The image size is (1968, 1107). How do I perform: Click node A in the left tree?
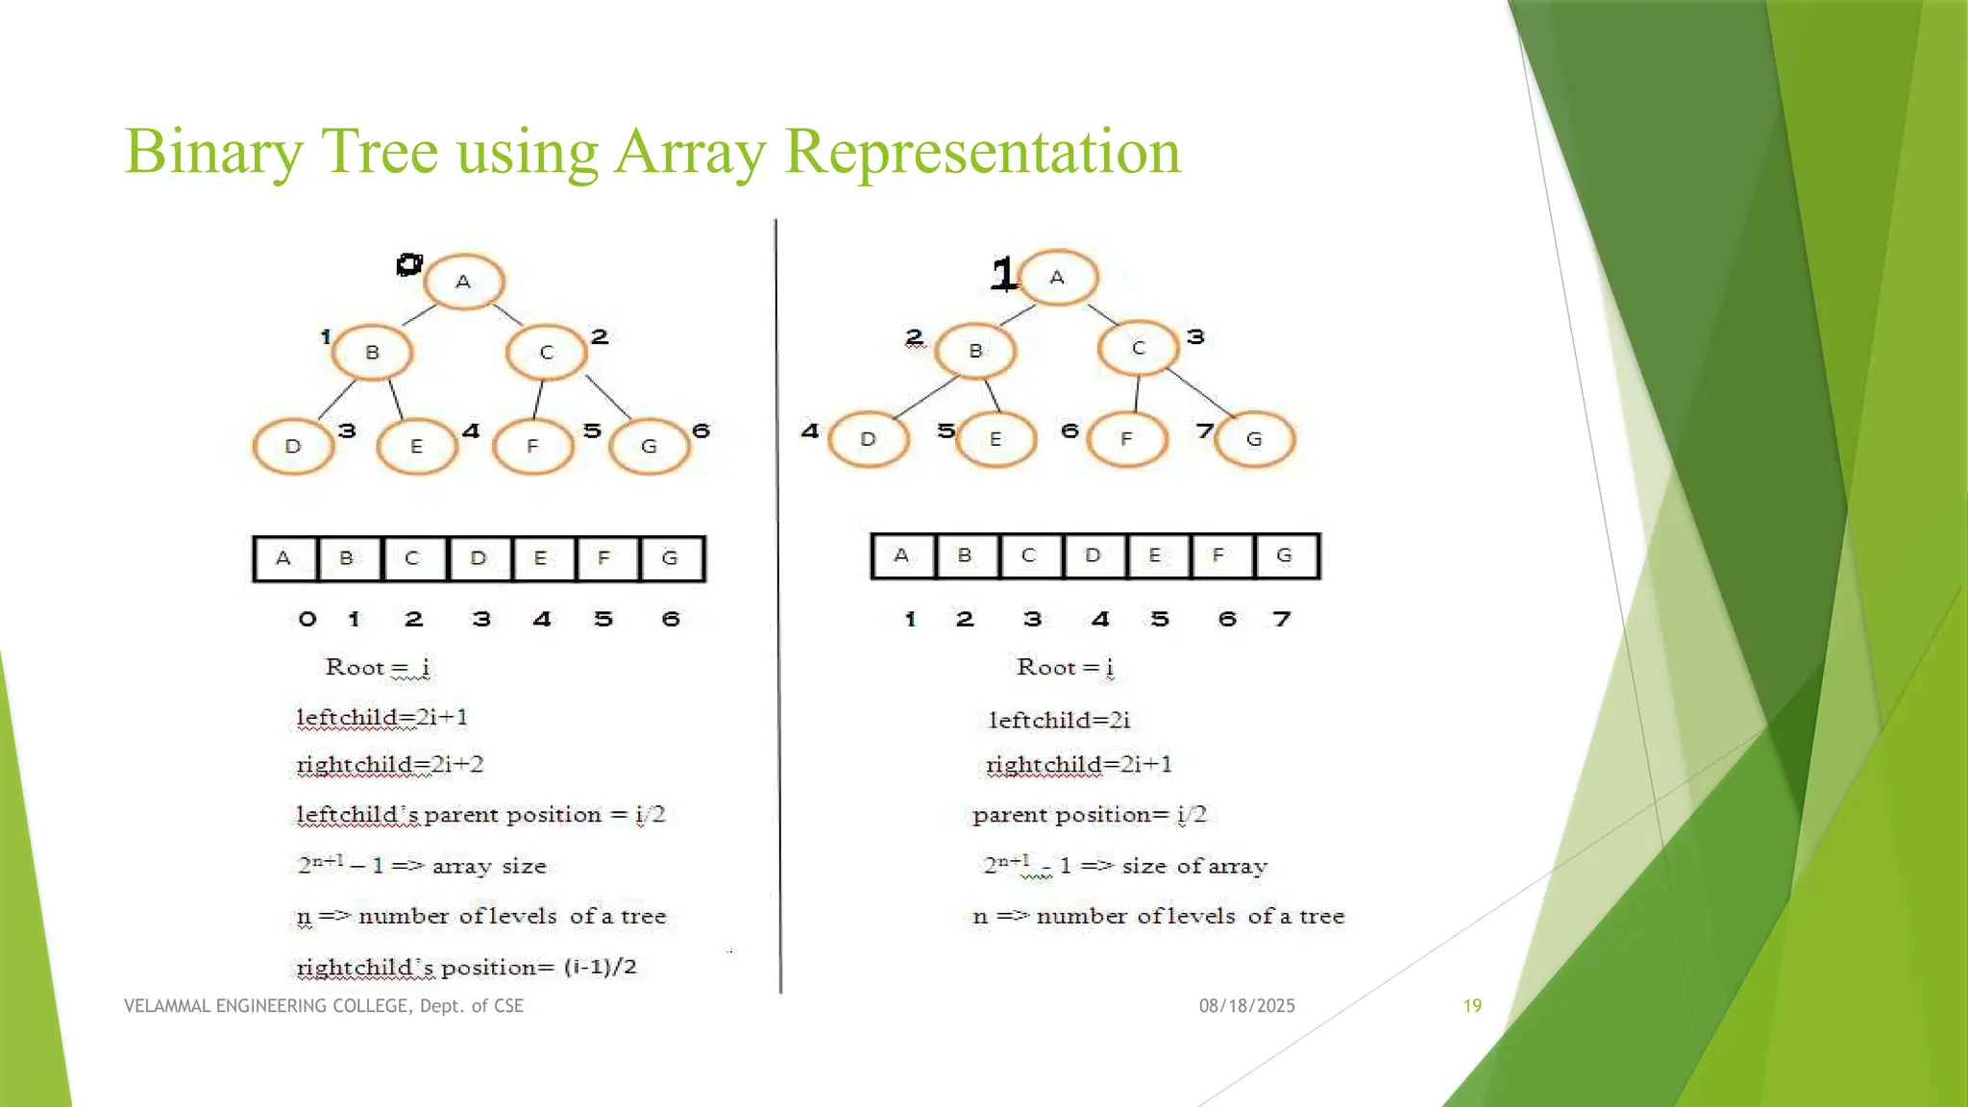tap(464, 283)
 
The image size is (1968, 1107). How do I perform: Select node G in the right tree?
tap(1254, 439)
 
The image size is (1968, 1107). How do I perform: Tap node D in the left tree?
tap(293, 447)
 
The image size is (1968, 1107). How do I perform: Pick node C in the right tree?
tap(1139, 348)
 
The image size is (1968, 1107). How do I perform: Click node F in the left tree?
tap(532, 447)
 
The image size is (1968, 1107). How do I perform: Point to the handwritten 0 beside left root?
tap(409, 264)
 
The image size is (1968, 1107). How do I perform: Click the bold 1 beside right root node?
tap(1003, 275)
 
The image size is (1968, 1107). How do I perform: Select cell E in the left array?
tap(541, 558)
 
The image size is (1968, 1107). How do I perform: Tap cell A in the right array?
tap(901, 555)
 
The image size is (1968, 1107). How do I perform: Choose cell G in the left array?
tap(671, 558)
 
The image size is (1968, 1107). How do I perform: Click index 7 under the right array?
tap(1282, 619)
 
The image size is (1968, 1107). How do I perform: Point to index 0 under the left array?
tap(307, 619)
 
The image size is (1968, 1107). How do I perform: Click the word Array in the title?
tap(690, 152)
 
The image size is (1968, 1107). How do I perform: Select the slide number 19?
tap(1472, 1006)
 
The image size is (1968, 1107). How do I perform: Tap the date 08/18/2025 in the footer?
tap(1246, 1006)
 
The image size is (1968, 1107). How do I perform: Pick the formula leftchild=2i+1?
tap(381, 718)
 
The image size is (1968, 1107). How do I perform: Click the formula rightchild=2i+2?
tap(389, 765)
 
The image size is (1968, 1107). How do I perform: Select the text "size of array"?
tap(1194, 866)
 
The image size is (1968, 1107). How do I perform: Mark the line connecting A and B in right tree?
tap(1018, 315)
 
